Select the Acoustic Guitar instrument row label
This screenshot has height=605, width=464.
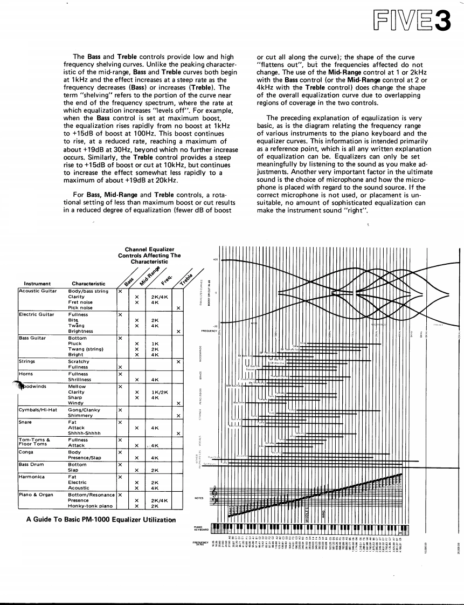click(x=38, y=291)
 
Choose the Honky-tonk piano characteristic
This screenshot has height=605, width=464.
click(x=90, y=506)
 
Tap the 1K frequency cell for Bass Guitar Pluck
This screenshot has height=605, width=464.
click(x=155, y=344)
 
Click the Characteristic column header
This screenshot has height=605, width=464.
click(x=88, y=283)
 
